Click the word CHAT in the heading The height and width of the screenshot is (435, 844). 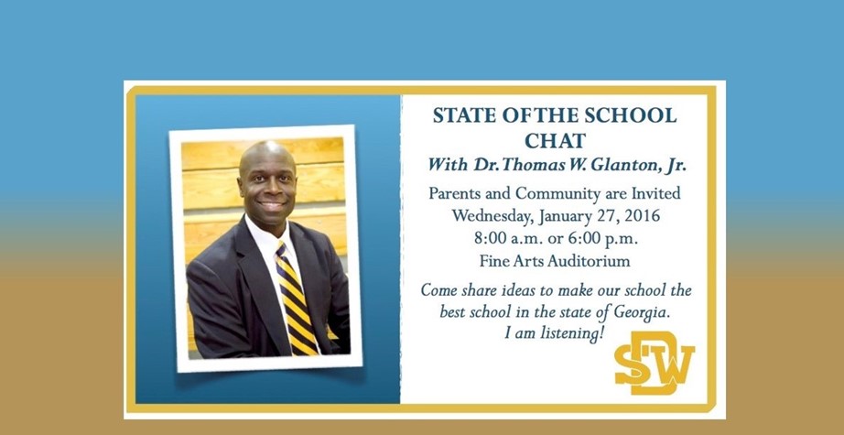555,141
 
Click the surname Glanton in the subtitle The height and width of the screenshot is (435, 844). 622,165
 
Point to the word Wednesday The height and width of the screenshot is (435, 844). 492,216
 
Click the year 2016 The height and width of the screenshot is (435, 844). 641,216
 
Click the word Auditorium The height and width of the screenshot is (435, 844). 589,262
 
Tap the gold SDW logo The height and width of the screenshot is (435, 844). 655,363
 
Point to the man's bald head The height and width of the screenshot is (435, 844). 267,154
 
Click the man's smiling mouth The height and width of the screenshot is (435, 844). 272,206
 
